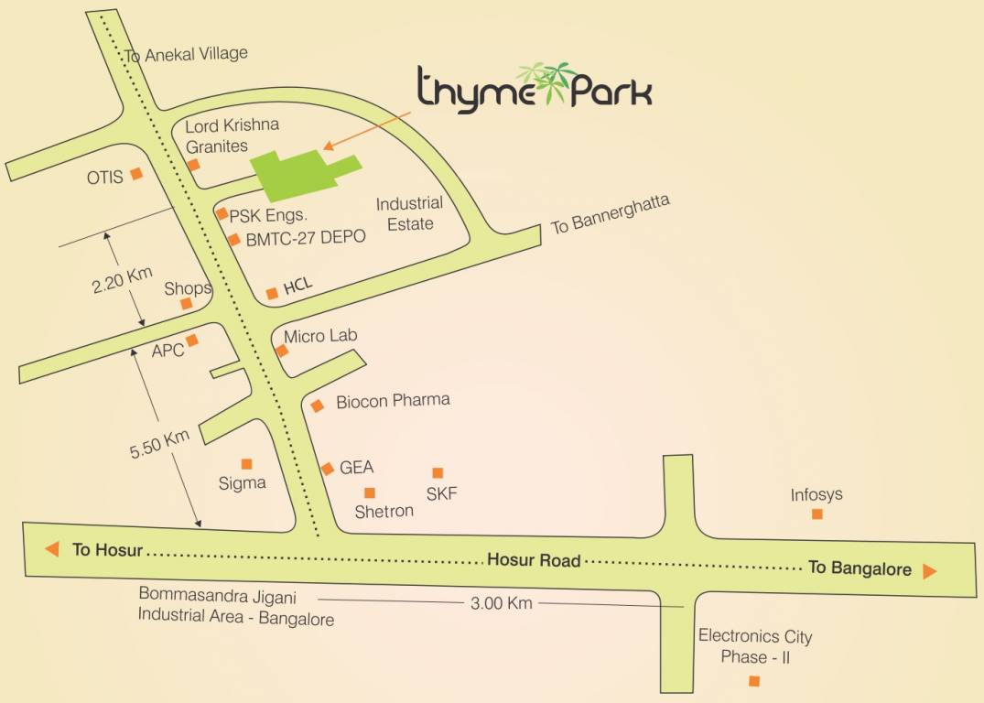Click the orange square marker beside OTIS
[x=136, y=173]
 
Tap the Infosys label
[x=816, y=495]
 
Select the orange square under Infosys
[x=817, y=514]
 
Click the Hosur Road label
[x=534, y=559]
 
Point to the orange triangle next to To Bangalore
[x=930, y=571]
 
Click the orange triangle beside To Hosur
[x=52, y=549]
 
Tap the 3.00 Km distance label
[x=501, y=603]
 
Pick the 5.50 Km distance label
[x=159, y=443]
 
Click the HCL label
[x=298, y=286]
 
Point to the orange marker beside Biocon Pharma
[x=318, y=406]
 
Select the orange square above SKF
[x=438, y=472]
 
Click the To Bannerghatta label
[x=611, y=214]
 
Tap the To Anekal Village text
[x=186, y=55]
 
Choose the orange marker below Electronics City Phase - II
[x=754, y=680]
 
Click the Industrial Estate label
[x=409, y=213]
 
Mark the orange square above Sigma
[x=246, y=464]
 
